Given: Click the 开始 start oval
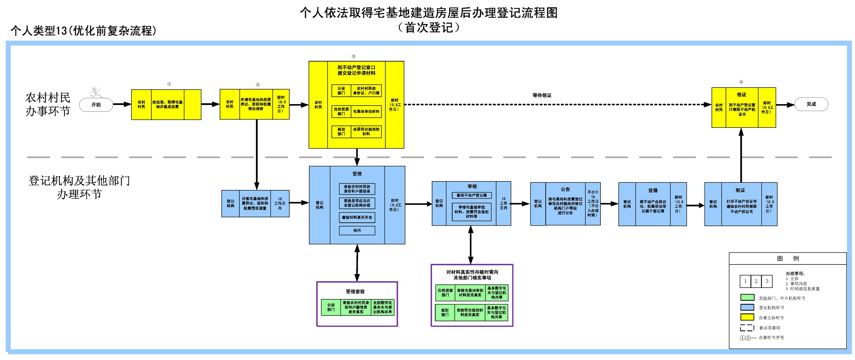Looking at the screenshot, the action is point(96,105).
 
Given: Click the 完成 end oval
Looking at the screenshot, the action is point(811,104).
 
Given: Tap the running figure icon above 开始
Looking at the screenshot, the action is point(96,91).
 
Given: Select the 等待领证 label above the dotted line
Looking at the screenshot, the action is point(542,95).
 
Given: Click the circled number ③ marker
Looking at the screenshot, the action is point(353,56).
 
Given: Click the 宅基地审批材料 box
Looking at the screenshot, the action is point(366,112).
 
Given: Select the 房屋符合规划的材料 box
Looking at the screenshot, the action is point(366,132).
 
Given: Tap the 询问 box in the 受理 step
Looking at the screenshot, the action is point(357,230).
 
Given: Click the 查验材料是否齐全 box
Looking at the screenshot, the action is point(357,218).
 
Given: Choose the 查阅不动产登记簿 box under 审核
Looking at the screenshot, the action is point(472,195).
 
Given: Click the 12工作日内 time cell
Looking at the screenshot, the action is point(504,203).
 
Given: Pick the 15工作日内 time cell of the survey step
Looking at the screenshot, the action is point(280,204).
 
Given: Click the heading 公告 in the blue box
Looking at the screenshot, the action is point(565,189).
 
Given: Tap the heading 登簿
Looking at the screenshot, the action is point(653,191).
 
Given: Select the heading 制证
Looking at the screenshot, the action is point(740,190).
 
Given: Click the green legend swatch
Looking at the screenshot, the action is point(747,298).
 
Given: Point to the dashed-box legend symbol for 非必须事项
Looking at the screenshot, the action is point(747,328).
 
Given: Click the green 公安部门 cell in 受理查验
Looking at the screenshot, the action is point(331,307).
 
